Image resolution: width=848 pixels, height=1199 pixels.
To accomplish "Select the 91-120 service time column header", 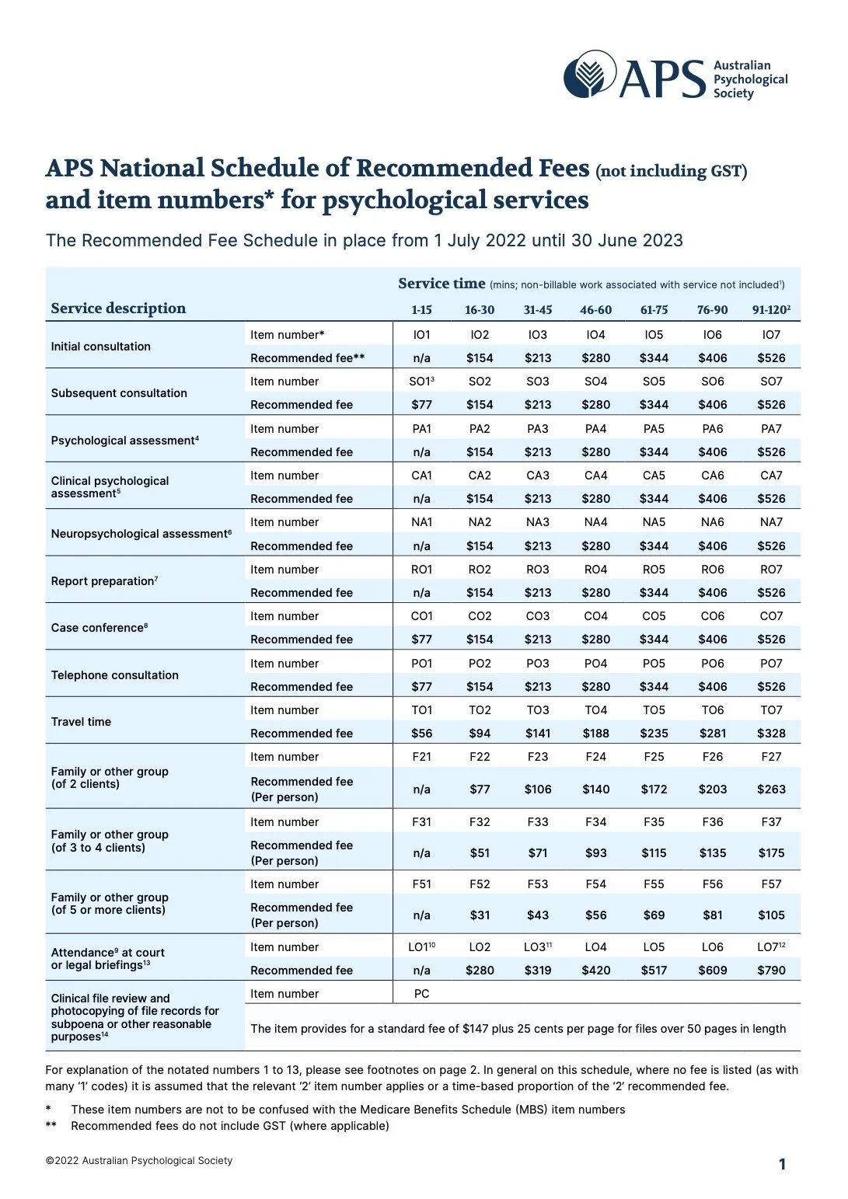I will pos(770,310).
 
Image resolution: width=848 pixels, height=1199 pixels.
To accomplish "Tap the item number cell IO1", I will pos(421,335).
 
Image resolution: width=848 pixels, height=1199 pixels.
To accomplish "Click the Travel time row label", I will pos(81,722).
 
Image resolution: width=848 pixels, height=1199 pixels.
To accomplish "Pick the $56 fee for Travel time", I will pos(421,734).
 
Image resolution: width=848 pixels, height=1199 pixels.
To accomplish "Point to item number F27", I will pos(771,757).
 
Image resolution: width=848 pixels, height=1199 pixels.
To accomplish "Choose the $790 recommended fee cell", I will pos(771,971).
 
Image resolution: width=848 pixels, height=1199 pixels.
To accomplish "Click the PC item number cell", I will pos(421,994).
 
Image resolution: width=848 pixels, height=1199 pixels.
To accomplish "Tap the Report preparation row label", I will pos(104,581).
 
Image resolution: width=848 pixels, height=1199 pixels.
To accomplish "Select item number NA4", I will pos(595,522).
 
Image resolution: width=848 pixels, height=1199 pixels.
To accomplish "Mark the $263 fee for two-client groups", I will pos(771,789).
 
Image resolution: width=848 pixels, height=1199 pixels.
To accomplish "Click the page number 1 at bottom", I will pos(782,1164).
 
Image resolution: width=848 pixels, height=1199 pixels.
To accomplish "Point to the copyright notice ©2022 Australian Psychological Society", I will pos(139,1161).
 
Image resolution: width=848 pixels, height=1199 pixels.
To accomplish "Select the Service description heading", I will pos(118,308).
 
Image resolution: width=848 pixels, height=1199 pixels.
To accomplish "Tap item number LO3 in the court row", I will pos(536,947).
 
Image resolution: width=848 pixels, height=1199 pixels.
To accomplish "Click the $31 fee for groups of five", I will pos(480,915).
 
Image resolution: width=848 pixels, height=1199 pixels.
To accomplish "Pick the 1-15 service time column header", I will pos(421,310).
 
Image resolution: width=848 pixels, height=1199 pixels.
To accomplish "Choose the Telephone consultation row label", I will pos(114,675).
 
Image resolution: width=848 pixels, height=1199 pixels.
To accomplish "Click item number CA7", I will pos(771,476).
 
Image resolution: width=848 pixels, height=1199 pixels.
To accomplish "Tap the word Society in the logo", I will pos(733,93).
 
